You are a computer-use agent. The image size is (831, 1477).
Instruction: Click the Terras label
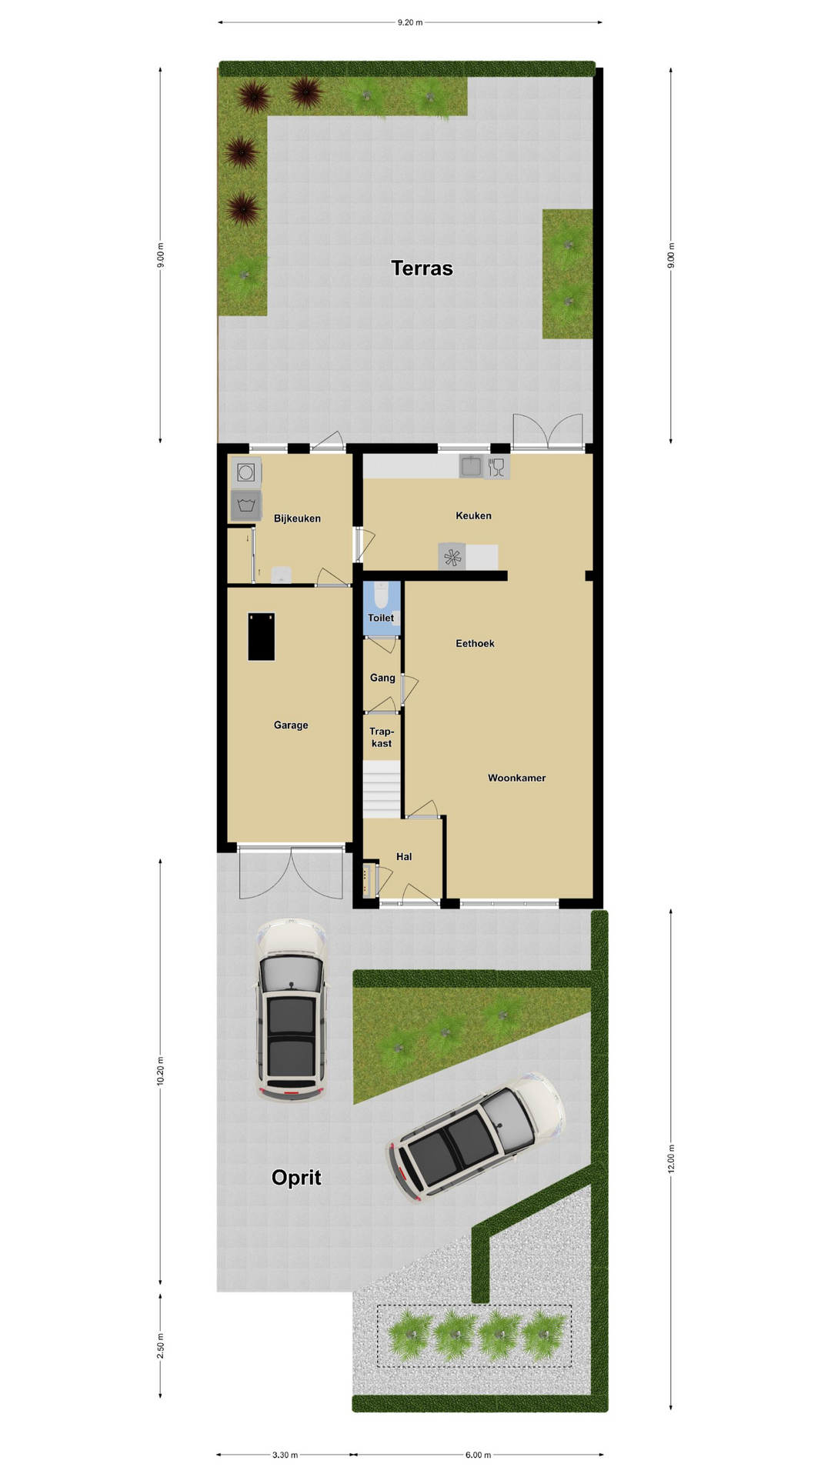[422, 268]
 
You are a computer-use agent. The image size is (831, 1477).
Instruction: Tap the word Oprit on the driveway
[296, 1178]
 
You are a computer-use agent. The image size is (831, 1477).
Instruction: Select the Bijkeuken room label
[297, 518]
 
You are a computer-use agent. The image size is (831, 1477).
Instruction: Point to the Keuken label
[473, 515]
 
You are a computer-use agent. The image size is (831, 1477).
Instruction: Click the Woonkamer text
[516, 778]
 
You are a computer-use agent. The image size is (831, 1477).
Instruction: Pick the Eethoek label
[475, 643]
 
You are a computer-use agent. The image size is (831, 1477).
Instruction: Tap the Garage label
[291, 725]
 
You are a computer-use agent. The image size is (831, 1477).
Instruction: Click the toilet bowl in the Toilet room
[381, 595]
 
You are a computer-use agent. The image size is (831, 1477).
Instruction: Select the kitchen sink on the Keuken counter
[471, 466]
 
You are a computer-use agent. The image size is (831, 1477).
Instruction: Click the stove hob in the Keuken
[452, 556]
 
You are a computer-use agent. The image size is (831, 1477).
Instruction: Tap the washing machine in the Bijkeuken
[245, 472]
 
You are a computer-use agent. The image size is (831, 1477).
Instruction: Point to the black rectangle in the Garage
[261, 636]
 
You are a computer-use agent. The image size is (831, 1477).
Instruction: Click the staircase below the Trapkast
[382, 789]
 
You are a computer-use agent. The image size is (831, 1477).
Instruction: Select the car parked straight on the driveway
[291, 1009]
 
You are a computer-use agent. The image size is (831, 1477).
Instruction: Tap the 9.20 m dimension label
[410, 22]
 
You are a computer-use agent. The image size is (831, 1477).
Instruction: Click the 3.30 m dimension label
[285, 1455]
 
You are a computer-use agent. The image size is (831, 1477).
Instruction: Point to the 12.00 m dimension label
[671, 1159]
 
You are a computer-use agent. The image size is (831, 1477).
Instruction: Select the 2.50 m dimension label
[161, 1346]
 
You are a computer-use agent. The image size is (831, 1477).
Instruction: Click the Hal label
[404, 856]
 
